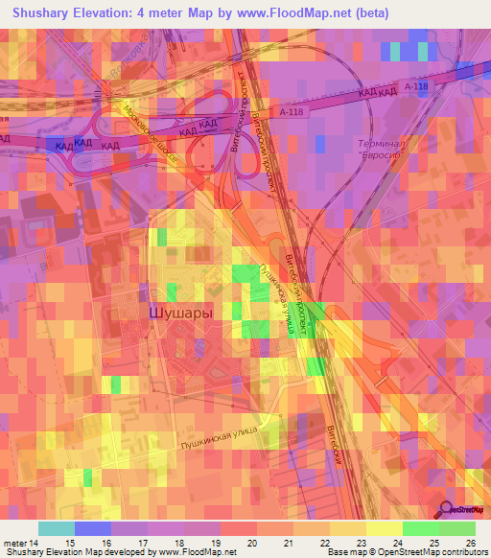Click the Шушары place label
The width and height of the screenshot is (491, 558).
[x=180, y=313]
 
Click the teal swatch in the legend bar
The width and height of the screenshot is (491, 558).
[x=57, y=528]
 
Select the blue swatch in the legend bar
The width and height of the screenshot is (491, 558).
[x=93, y=528]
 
